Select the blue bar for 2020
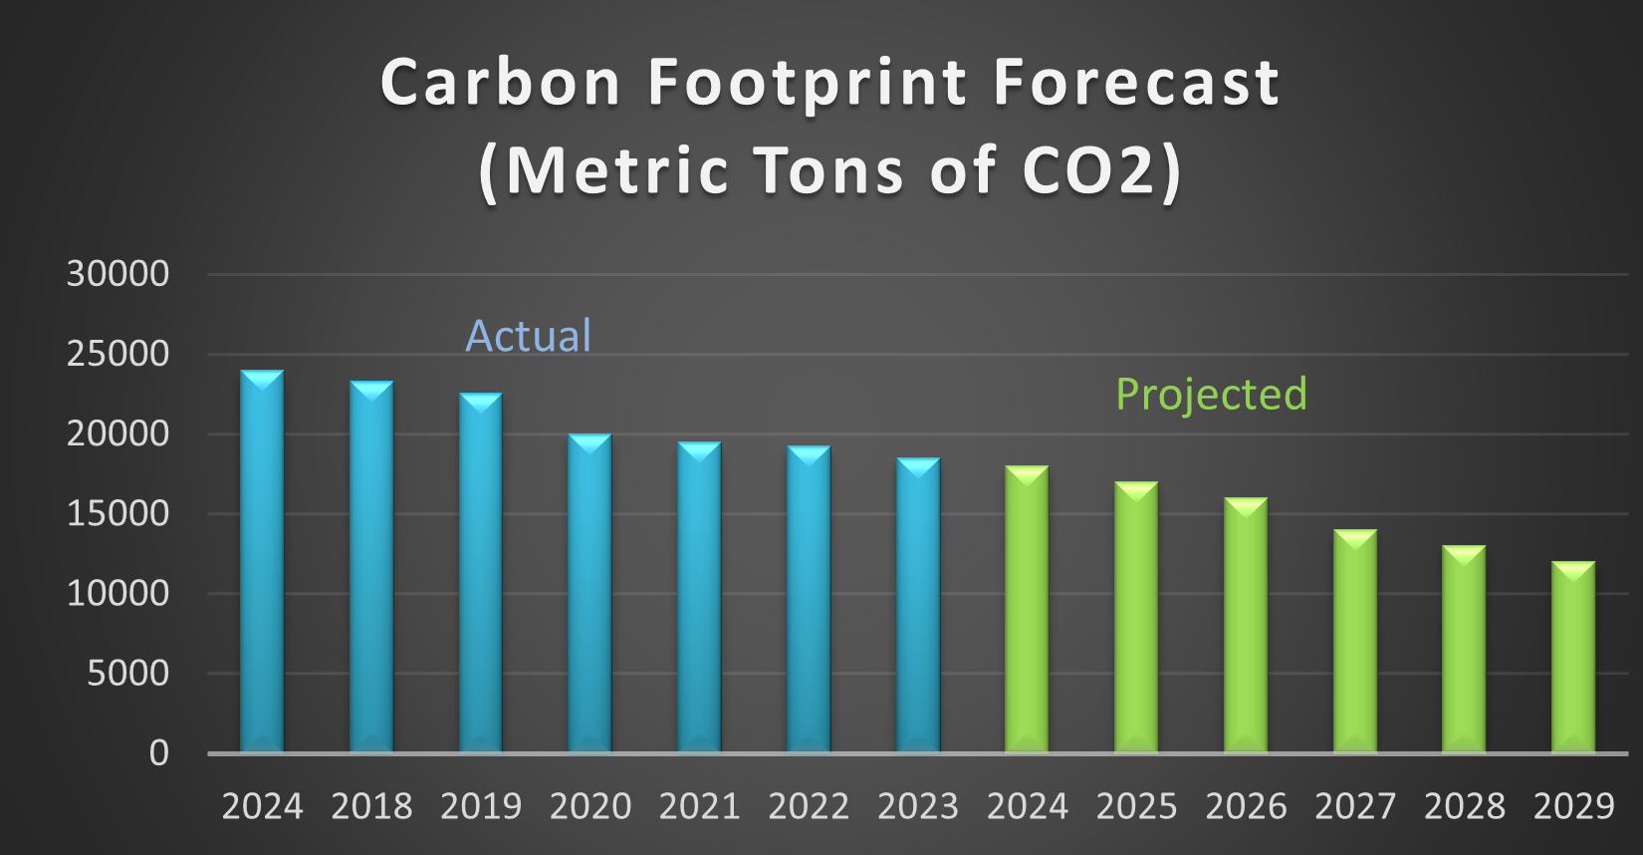coord(589,593)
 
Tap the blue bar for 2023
coord(918,605)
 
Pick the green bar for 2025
coord(1136,617)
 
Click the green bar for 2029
coord(1573,657)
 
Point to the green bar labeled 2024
coord(1027,609)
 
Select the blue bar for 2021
coord(699,597)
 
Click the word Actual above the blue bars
coord(529,337)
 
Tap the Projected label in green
coord(1211,395)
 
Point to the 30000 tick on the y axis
coord(117,274)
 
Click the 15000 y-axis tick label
coord(117,513)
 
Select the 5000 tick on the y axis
coord(127,674)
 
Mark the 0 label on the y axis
coord(159,753)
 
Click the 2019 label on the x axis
coord(481,806)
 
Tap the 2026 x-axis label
coord(1246,806)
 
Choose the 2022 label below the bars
coord(809,806)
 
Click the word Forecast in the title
coord(1136,83)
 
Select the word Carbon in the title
coord(501,83)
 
